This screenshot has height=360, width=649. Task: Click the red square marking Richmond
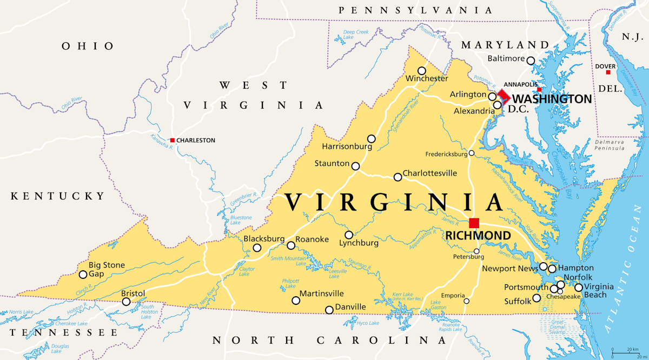(474, 223)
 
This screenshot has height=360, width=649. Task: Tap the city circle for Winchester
(422, 71)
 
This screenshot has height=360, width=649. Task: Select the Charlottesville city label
(430, 174)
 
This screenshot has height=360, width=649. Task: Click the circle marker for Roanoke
(291, 245)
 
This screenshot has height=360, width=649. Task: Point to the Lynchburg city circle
(349, 235)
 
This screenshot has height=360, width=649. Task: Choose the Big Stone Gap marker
(83, 275)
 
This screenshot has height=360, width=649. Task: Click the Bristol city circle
(126, 302)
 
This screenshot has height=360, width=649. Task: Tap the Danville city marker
(329, 310)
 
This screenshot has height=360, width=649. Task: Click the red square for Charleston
(173, 141)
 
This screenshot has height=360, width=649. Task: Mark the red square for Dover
(608, 72)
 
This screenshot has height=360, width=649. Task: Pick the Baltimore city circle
(531, 61)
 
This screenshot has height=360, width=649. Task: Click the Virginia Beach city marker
(578, 288)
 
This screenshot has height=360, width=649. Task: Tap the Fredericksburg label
(446, 154)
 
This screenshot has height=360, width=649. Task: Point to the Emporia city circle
(467, 301)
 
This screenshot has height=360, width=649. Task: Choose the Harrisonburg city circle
(371, 139)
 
